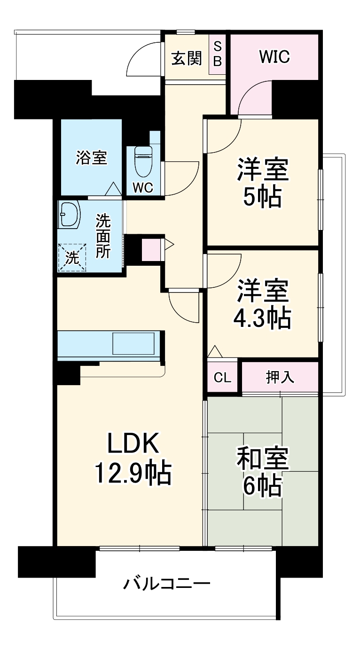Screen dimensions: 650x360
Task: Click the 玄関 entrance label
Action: (x=187, y=58)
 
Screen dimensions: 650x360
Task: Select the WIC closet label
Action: (x=275, y=57)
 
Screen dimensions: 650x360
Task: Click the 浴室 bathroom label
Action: (x=92, y=158)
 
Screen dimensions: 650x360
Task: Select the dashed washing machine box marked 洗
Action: (x=72, y=257)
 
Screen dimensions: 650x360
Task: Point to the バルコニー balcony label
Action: (x=166, y=584)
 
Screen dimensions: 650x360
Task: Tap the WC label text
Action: (x=142, y=187)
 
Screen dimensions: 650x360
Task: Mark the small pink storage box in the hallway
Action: (x=151, y=250)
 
